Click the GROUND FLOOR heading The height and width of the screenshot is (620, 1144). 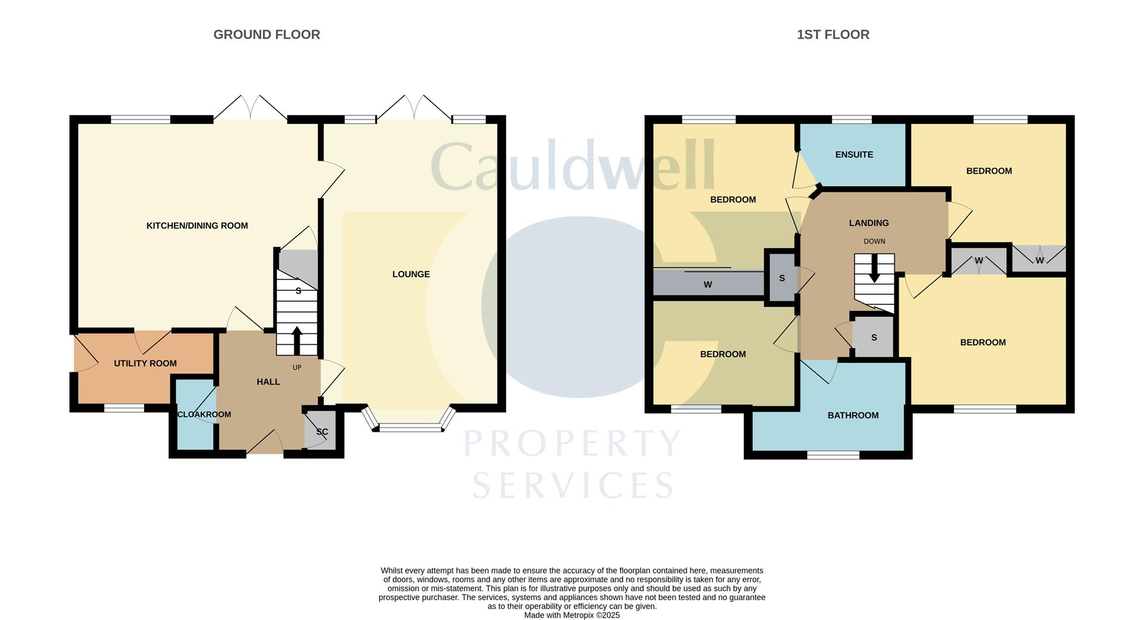pos(266,35)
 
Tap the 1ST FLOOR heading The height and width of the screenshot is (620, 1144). pos(832,35)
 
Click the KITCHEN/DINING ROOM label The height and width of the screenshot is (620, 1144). pos(197,226)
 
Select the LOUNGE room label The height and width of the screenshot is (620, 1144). pos(411,274)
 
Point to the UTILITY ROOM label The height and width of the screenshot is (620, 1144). pos(145,363)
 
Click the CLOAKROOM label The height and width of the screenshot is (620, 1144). pos(204,415)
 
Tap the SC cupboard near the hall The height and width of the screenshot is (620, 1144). pos(321,432)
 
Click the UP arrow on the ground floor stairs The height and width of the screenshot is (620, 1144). pos(296,340)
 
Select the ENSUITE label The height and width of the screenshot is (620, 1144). pos(854,155)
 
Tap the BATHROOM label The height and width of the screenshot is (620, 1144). pos(853,415)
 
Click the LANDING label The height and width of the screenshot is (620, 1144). pos(869,223)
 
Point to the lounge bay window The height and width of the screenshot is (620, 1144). pos(411,427)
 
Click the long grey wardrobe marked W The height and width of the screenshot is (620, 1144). pos(708,284)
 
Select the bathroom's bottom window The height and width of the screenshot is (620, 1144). pos(833,455)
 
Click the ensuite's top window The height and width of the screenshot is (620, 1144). pos(851,120)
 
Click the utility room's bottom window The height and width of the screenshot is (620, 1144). pos(124,409)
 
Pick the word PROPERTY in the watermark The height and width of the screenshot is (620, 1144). pos(572,444)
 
